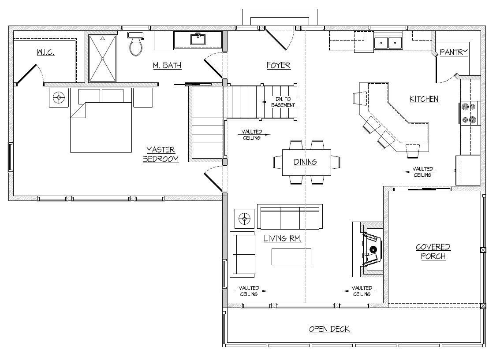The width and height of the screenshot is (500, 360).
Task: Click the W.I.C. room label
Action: [x=45, y=52]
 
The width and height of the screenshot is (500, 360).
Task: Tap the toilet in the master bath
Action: [x=136, y=44]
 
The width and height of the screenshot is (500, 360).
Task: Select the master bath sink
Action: [x=198, y=39]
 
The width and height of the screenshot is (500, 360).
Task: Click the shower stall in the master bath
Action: [x=102, y=58]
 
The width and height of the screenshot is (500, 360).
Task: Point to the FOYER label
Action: [x=278, y=66]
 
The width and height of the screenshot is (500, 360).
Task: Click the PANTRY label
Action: [x=454, y=52]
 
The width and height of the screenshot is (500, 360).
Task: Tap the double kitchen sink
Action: [x=388, y=42]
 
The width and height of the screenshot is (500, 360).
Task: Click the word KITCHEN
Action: [x=424, y=99]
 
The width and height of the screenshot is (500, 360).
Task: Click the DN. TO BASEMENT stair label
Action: [x=283, y=102]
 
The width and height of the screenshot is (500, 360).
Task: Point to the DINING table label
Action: [x=306, y=162]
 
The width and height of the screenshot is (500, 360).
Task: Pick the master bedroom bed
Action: [x=101, y=120]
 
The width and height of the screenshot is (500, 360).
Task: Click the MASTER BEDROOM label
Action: [x=160, y=155]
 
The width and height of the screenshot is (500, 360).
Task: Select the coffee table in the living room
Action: [x=291, y=257]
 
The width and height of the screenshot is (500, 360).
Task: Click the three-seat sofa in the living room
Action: [x=290, y=217]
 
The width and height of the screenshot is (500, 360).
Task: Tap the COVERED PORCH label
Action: [x=433, y=251]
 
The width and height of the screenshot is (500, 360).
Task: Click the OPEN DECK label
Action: [x=329, y=329]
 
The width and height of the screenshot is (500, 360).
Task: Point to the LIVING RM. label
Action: [x=283, y=238]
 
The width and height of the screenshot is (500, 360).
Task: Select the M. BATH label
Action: [x=167, y=66]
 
